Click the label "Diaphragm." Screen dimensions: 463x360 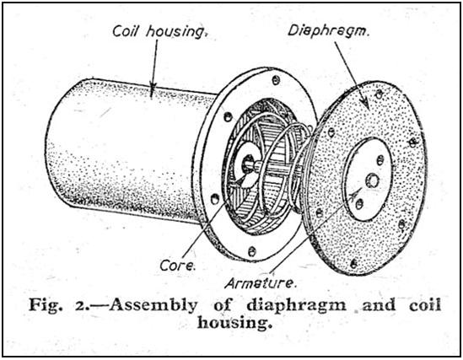(x=328, y=31)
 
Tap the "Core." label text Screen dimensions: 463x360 (x=178, y=266)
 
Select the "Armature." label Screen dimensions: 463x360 (x=260, y=283)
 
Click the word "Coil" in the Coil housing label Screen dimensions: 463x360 (x=125, y=31)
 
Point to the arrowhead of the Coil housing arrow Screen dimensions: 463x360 (x=153, y=89)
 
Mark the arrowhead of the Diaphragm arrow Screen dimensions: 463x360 (x=365, y=102)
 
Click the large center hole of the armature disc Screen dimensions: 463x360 (x=372, y=180)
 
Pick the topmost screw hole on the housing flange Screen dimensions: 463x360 (x=276, y=79)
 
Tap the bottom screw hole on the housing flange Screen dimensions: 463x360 (x=251, y=252)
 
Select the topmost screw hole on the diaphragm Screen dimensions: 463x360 (x=379, y=94)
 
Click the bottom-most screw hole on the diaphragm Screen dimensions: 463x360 (x=353, y=264)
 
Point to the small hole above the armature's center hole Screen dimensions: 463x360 (x=380, y=160)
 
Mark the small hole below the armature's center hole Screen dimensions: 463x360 (x=359, y=204)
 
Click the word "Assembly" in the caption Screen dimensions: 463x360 (x=153, y=305)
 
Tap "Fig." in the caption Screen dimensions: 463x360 (x=46, y=305)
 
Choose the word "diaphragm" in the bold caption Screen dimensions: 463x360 (x=297, y=305)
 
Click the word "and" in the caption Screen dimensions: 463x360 (x=379, y=305)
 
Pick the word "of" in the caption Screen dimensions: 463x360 (x=223, y=305)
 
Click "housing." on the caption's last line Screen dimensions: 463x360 (x=234, y=322)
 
